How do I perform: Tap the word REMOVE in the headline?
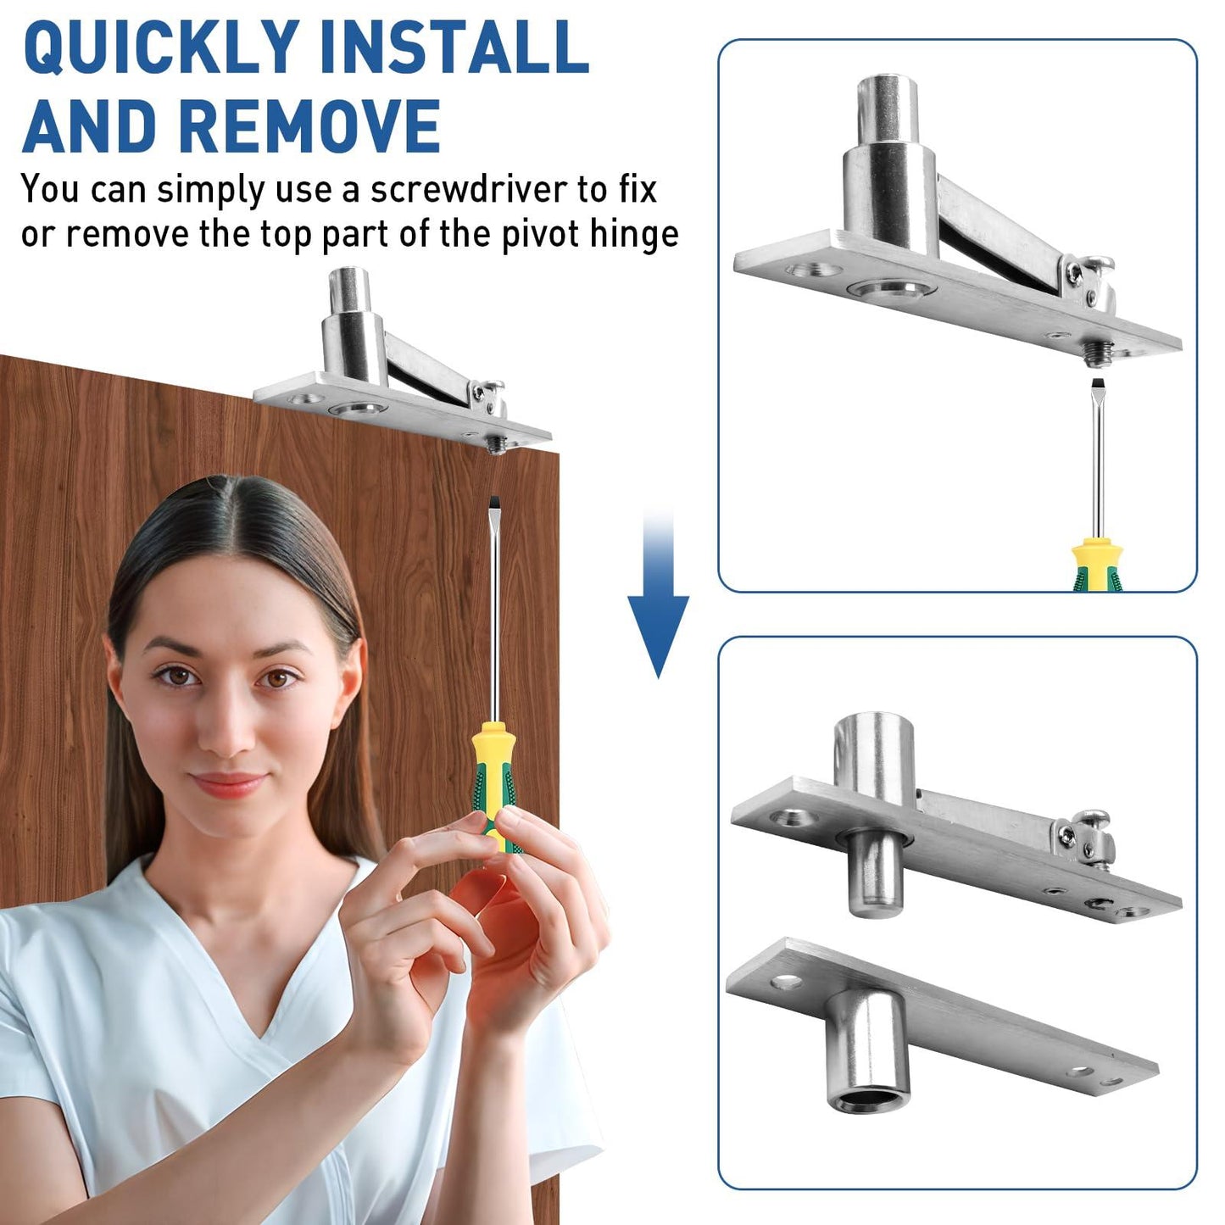click(x=309, y=125)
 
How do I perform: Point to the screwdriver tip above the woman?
click(x=493, y=505)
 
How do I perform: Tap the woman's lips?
click(x=227, y=784)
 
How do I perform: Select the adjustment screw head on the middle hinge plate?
click(x=1090, y=820)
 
